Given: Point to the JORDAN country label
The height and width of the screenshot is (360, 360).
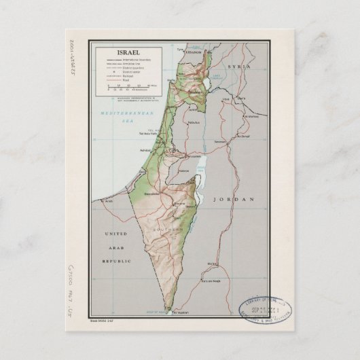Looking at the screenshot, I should [233, 199].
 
